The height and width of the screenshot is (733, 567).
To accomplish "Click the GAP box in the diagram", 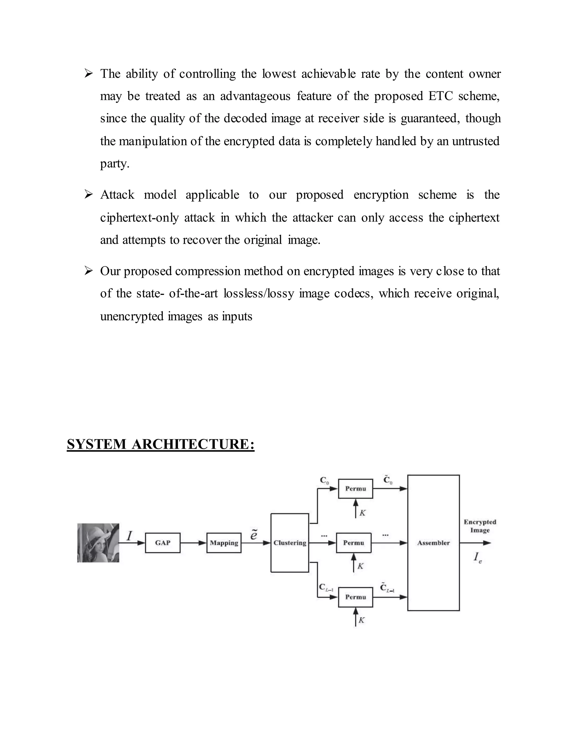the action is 163,543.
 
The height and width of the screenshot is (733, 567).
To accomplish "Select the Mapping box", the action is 224,543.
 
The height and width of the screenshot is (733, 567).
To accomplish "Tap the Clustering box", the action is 290,543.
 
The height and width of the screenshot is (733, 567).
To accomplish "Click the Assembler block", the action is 433,543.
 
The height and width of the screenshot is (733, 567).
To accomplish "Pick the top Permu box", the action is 355,489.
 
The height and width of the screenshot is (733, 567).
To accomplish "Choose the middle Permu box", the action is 354,543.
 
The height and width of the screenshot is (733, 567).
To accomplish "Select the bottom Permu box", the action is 355,597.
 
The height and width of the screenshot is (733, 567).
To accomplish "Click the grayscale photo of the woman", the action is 98,543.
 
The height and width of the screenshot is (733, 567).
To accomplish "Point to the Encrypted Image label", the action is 480,526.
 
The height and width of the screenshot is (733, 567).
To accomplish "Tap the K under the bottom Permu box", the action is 361,620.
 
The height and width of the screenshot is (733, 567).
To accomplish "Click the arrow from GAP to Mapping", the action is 193,543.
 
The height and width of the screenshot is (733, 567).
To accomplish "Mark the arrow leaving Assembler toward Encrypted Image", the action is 475,543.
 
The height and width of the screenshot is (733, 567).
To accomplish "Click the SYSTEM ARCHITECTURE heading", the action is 161,445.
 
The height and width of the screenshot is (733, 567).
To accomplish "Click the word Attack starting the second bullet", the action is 117,195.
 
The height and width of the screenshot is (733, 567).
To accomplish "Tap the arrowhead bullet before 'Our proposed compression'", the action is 88,271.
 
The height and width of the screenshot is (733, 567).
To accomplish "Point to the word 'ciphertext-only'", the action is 140,217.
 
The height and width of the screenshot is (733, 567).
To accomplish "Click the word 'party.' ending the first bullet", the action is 115,164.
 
